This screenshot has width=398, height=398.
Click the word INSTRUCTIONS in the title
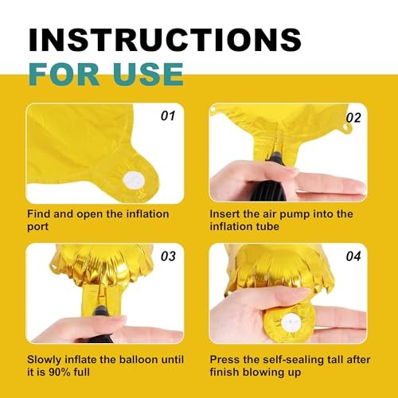click(x=165, y=40)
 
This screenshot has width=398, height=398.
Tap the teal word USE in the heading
click(x=148, y=74)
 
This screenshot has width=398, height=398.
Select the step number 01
click(x=168, y=116)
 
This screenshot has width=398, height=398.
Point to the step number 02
click(x=353, y=118)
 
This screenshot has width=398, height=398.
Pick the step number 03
click(x=168, y=256)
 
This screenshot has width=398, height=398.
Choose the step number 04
click(x=353, y=256)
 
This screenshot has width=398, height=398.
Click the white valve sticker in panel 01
click(x=134, y=181)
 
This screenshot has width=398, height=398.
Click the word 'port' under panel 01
click(x=38, y=227)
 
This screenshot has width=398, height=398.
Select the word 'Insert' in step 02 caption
click(x=224, y=214)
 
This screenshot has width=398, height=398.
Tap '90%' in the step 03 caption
click(x=60, y=372)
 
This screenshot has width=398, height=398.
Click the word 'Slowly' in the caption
click(x=45, y=360)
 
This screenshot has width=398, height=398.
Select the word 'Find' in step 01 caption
click(x=39, y=214)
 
